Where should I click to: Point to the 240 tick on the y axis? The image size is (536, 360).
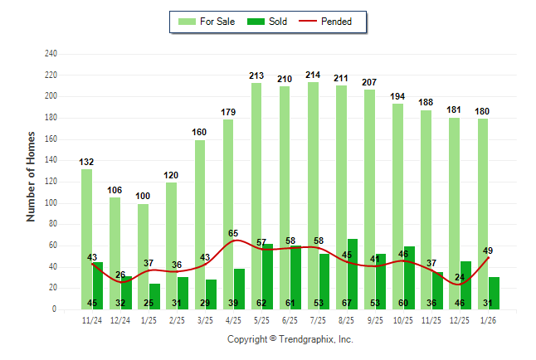coord(51,54)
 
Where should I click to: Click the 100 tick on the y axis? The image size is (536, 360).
coord(51,203)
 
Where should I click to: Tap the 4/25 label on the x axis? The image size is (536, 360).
coord(233,319)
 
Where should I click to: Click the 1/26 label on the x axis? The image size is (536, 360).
coord(488,319)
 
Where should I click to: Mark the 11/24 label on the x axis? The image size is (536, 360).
coord(92,319)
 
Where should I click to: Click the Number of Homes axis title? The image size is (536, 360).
coord(32,175)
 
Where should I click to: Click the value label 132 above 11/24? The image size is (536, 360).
coord(86,162)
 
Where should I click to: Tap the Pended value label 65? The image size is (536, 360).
coord(233,235)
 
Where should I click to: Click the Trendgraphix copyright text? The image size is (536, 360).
coord(290,339)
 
